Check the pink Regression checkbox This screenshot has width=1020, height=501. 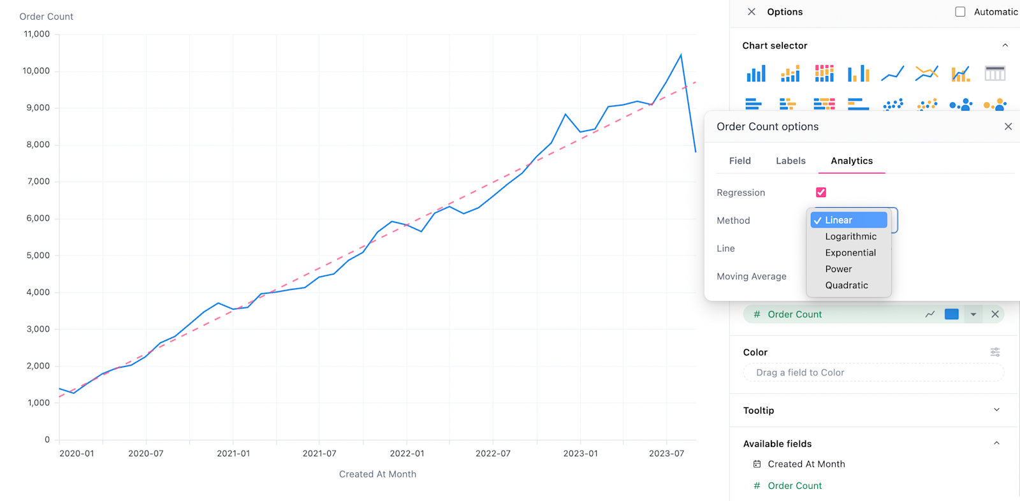820,192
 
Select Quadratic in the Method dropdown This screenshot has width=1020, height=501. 847,286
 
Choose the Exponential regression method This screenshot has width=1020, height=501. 850,253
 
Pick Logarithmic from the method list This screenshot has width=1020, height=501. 850,236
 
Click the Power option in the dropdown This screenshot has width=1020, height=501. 838,269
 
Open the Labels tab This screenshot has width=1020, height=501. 790,161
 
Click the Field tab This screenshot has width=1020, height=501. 739,161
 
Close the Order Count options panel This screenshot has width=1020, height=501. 1008,127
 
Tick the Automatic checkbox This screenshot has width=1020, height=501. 960,12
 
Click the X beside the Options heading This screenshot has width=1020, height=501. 752,12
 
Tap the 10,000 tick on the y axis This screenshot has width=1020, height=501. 36,71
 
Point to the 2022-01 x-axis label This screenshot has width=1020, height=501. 407,454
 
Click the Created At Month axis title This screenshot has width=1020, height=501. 377,474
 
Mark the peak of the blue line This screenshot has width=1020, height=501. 681,55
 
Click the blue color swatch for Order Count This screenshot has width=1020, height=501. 951,314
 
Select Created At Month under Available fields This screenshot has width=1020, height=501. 806,464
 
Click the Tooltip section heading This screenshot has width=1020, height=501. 759,410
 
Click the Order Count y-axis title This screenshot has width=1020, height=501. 46,17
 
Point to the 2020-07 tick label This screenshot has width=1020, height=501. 146,454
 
